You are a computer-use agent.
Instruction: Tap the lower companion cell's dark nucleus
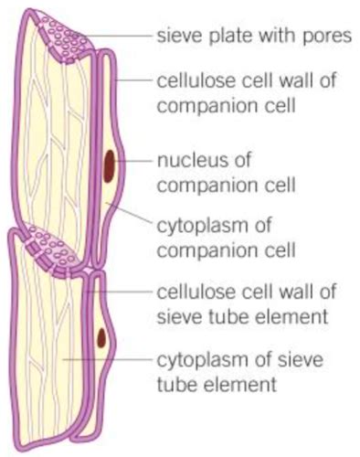click(101, 341)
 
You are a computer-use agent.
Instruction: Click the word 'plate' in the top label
click(227, 37)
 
